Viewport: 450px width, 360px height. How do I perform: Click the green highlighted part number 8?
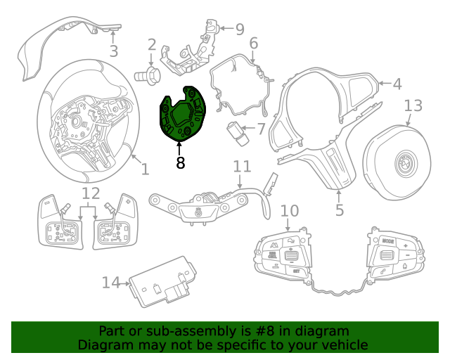click(181, 114)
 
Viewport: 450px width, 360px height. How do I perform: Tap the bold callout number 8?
click(180, 163)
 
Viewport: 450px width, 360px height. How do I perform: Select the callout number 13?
click(413, 105)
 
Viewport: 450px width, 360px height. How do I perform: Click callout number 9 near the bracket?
click(240, 29)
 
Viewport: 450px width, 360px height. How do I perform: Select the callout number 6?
click(253, 44)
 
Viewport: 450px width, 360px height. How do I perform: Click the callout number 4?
click(397, 84)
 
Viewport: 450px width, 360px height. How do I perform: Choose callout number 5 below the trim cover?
click(339, 210)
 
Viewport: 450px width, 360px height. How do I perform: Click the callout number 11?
click(242, 167)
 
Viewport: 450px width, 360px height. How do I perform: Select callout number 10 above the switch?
click(290, 210)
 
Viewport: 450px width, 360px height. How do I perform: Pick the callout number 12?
click(91, 193)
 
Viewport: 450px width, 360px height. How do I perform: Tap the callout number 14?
click(111, 283)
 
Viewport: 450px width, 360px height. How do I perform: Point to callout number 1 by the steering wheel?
click(145, 169)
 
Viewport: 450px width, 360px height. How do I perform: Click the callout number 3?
click(113, 51)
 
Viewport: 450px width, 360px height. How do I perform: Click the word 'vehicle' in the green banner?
click(342, 345)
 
